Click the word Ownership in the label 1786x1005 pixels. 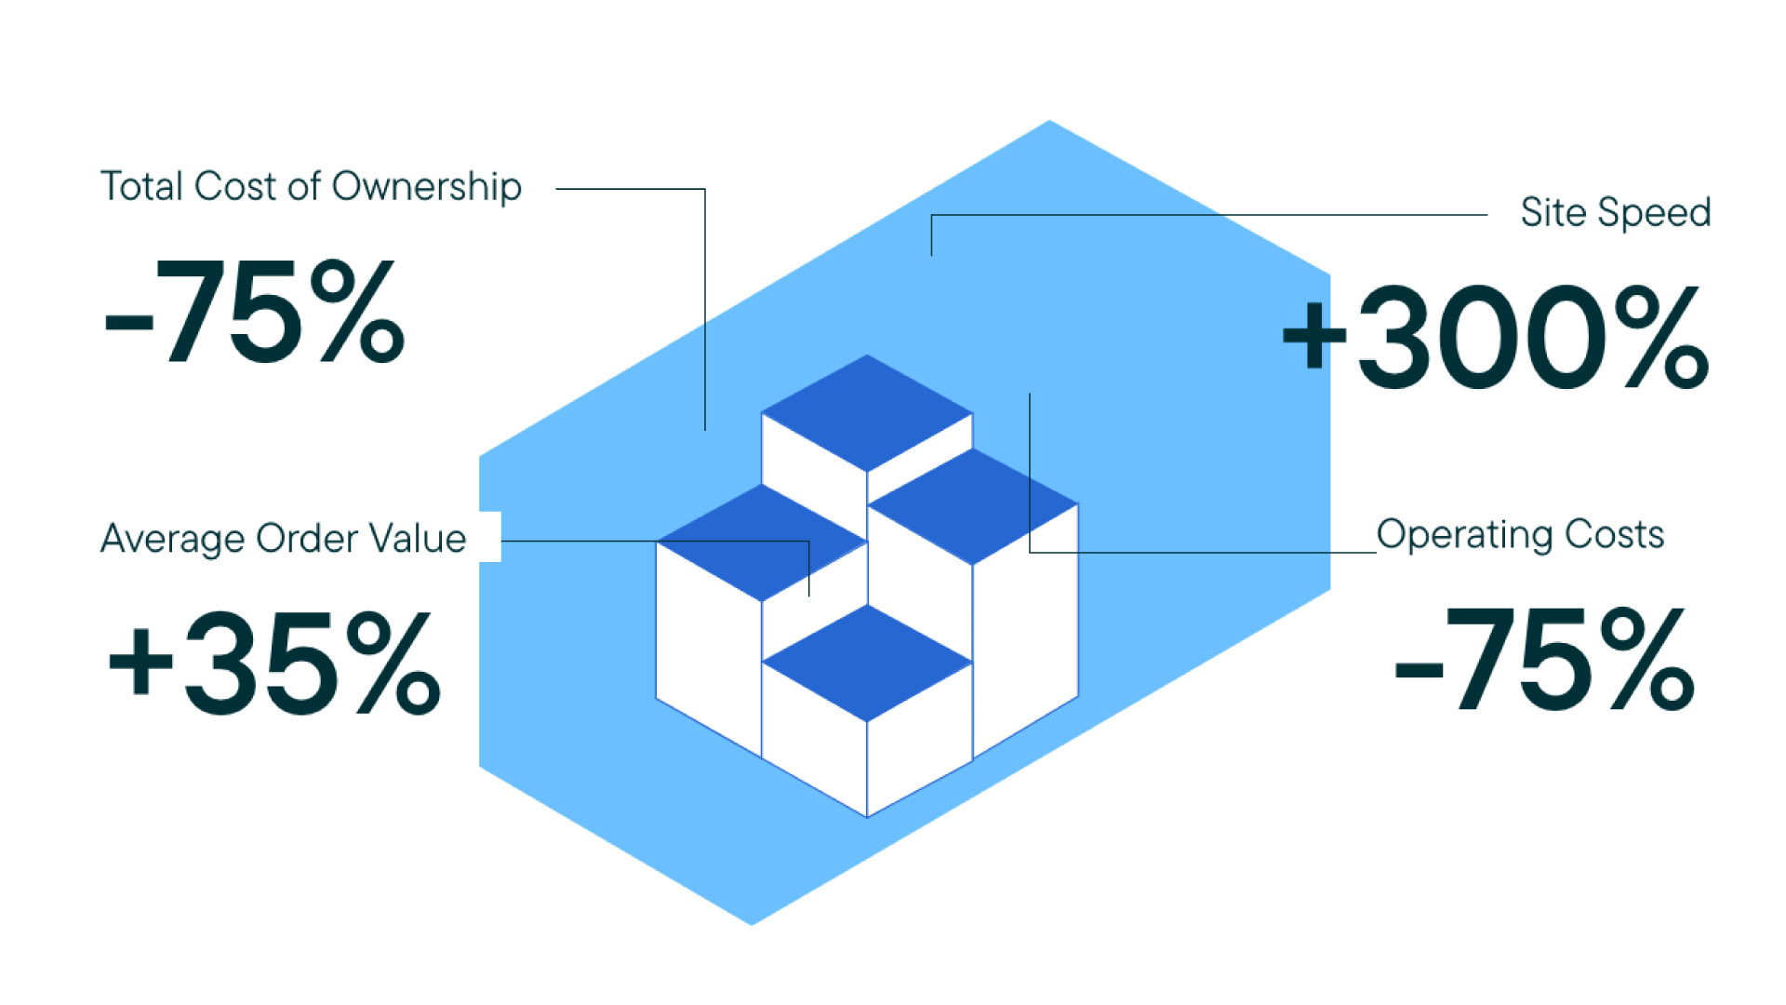coord(426,186)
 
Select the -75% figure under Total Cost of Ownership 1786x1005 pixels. coord(254,313)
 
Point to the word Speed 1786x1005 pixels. coord(1654,213)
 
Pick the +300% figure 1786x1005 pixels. coord(1495,338)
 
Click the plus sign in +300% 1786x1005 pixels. coord(1313,335)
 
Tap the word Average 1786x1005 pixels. coord(172,539)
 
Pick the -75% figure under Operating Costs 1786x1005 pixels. coord(1543,659)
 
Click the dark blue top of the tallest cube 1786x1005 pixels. coord(867,412)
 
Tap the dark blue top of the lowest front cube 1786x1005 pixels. coord(867,663)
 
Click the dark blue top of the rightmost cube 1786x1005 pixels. coord(973,506)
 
